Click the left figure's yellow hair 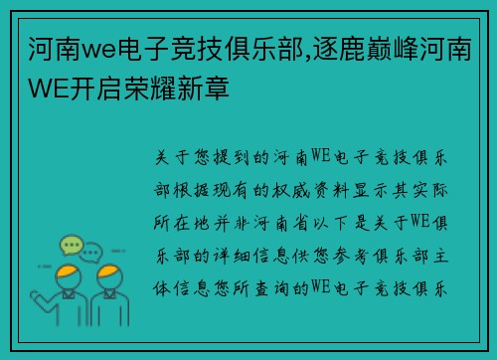click(x=68, y=272)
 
